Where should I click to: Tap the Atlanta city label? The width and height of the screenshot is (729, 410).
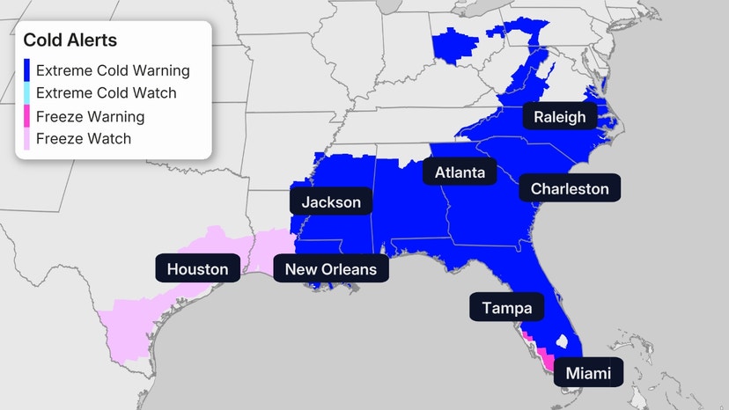click(460, 172)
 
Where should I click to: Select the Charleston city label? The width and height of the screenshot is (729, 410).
click(570, 188)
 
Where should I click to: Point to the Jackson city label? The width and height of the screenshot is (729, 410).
click(331, 202)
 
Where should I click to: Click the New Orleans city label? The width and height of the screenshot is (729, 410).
click(330, 269)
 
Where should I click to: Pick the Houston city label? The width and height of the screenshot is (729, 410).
click(197, 269)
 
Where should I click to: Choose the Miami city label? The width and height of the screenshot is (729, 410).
click(587, 372)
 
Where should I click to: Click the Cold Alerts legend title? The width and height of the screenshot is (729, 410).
click(70, 40)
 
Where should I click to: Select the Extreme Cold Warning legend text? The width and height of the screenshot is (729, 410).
click(113, 70)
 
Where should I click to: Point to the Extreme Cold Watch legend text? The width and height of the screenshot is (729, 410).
click(107, 93)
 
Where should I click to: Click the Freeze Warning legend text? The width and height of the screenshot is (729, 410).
click(91, 116)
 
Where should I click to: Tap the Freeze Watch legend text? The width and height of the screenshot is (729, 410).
click(84, 138)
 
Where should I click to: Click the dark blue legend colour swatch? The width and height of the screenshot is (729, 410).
click(26, 70)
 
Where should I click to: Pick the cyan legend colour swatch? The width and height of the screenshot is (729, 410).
click(26, 93)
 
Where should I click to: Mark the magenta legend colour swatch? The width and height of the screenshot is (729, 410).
click(26, 116)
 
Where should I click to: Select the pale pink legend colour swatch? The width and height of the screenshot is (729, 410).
click(26, 138)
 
